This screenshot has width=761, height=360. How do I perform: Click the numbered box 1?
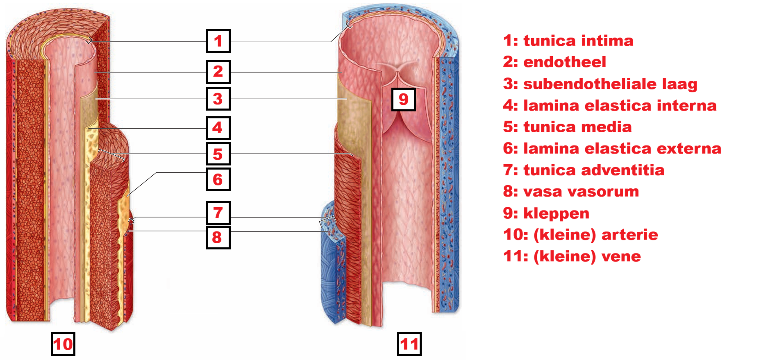pyautogui.click(x=218, y=41)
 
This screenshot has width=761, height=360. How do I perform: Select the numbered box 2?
pyautogui.click(x=218, y=72)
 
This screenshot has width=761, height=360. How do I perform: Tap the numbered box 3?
pyautogui.click(x=218, y=99)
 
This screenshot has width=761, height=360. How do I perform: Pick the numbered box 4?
pyautogui.click(x=218, y=128)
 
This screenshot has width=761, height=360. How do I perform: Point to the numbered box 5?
pyautogui.click(x=218, y=154)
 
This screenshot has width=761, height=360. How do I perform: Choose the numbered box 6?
pyautogui.click(x=218, y=179)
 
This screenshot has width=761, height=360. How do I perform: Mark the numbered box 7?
pyautogui.click(x=218, y=213)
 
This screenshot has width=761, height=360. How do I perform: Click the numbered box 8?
pyautogui.click(x=218, y=237)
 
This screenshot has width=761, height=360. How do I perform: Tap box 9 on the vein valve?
pyautogui.click(x=404, y=99)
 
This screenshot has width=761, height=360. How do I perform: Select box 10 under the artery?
pyautogui.click(x=63, y=344)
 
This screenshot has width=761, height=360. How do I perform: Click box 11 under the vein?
pyautogui.click(x=409, y=344)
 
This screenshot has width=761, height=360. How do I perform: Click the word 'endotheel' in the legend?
pyautogui.click(x=564, y=62)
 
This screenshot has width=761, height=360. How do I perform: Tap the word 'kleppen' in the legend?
pyautogui.click(x=556, y=213)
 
